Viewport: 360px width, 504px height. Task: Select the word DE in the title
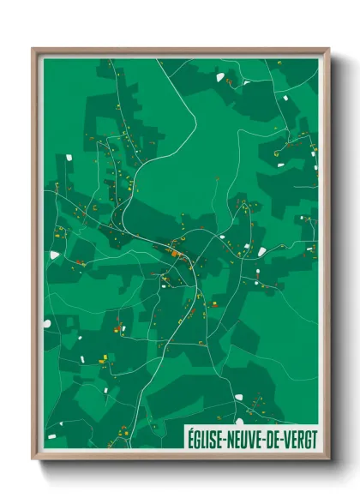[277, 436]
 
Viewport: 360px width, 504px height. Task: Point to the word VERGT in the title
[302, 436]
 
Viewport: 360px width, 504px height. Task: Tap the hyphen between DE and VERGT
[286, 437]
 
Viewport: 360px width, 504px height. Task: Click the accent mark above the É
[191, 429]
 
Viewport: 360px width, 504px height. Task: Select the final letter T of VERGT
[314, 436]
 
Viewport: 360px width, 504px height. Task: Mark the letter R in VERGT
[300, 436]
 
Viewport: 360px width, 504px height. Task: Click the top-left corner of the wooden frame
[33, 49]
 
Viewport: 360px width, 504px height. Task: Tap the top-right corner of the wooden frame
[328, 49]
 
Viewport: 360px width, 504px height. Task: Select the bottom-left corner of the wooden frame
[33, 459]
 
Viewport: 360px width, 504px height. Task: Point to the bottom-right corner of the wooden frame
[328, 459]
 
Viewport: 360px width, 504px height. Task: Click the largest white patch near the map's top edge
[221, 77]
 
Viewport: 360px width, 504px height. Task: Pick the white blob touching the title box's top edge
[239, 422]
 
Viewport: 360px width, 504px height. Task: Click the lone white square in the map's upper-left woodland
[68, 158]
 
